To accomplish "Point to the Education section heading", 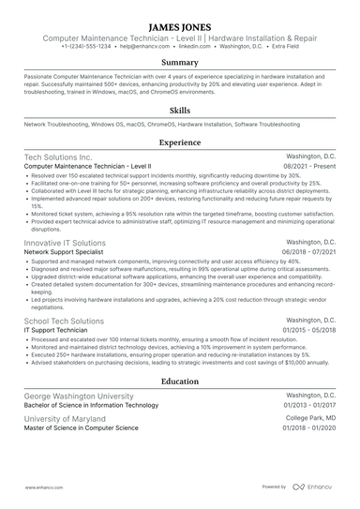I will pos(179,382).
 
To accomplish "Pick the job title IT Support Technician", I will pos(58,331).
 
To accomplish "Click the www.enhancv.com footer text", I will pos(42,487).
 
